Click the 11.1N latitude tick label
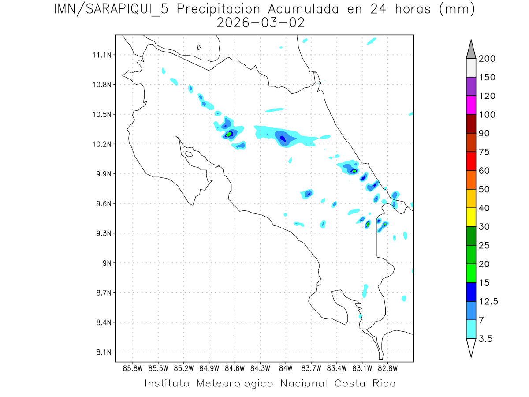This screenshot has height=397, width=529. tap(101, 55)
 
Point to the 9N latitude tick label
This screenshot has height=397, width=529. tap(106, 263)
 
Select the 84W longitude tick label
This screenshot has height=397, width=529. tap(286, 367)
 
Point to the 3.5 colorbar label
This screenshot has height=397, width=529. tap(486, 339)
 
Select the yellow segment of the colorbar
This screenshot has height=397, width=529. tap(471, 217)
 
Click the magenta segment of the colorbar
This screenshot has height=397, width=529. tap(471, 105)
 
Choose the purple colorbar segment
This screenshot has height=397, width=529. tap(471, 86)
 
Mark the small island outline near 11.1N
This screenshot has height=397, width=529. tap(199, 47)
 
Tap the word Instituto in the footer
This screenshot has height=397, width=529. tap(167, 383)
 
